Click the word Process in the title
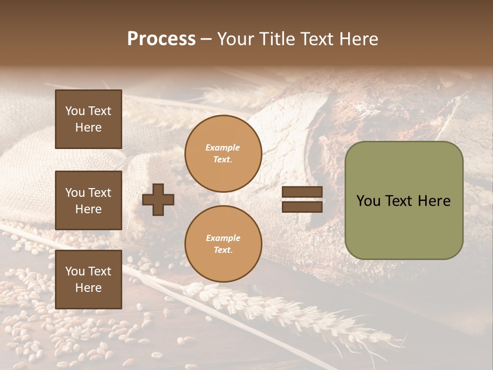pyautogui.click(x=161, y=39)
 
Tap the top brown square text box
pyautogui.click(x=88, y=119)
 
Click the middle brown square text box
pyautogui.click(x=88, y=200)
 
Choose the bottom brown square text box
pyautogui.click(x=88, y=280)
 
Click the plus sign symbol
pyautogui.click(x=158, y=199)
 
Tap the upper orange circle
pyautogui.click(x=223, y=154)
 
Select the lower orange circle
pyautogui.click(x=223, y=244)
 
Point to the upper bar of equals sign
pyautogui.click(x=302, y=192)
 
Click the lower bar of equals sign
pyautogui.click(x=302, y=207)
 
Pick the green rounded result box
pyautogui.click(x=404, y=200)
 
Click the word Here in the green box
pyautogui.click(x=434, y=201)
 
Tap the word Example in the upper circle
pyautogui.click(x=223, y=147)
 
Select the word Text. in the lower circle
pyautogui.click(x=223, y=250)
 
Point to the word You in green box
pyautogui.click(x=368, y=201)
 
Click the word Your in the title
pyautogui.click(x=236, y=39)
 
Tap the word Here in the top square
pyautogui.click(x=88, y=127)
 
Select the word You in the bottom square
pyautogui.click(x=75, y=271)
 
